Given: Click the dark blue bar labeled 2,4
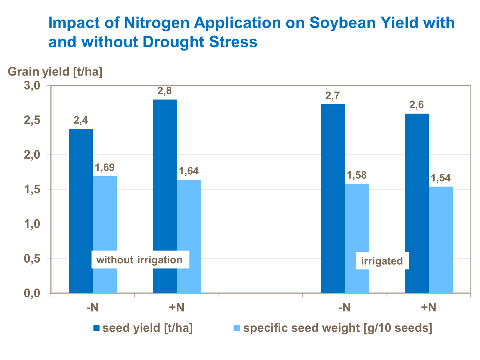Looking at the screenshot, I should (81, 192).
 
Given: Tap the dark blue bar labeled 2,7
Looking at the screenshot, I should (332, 179).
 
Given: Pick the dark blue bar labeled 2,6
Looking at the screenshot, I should (417, 186).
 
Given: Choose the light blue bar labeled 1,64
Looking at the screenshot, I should (189, 224).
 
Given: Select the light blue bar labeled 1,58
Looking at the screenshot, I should (357, 224).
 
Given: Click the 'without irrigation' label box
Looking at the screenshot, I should (140, 260).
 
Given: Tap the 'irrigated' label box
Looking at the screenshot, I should (382, 261).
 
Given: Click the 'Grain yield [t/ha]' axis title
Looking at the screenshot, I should (55, 72).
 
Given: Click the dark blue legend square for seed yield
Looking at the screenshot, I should (97, 328).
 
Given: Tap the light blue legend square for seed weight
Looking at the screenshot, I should (237, 328).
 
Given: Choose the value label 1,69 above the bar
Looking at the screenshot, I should (105, 167).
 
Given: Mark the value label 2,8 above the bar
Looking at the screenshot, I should (164, 91).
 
